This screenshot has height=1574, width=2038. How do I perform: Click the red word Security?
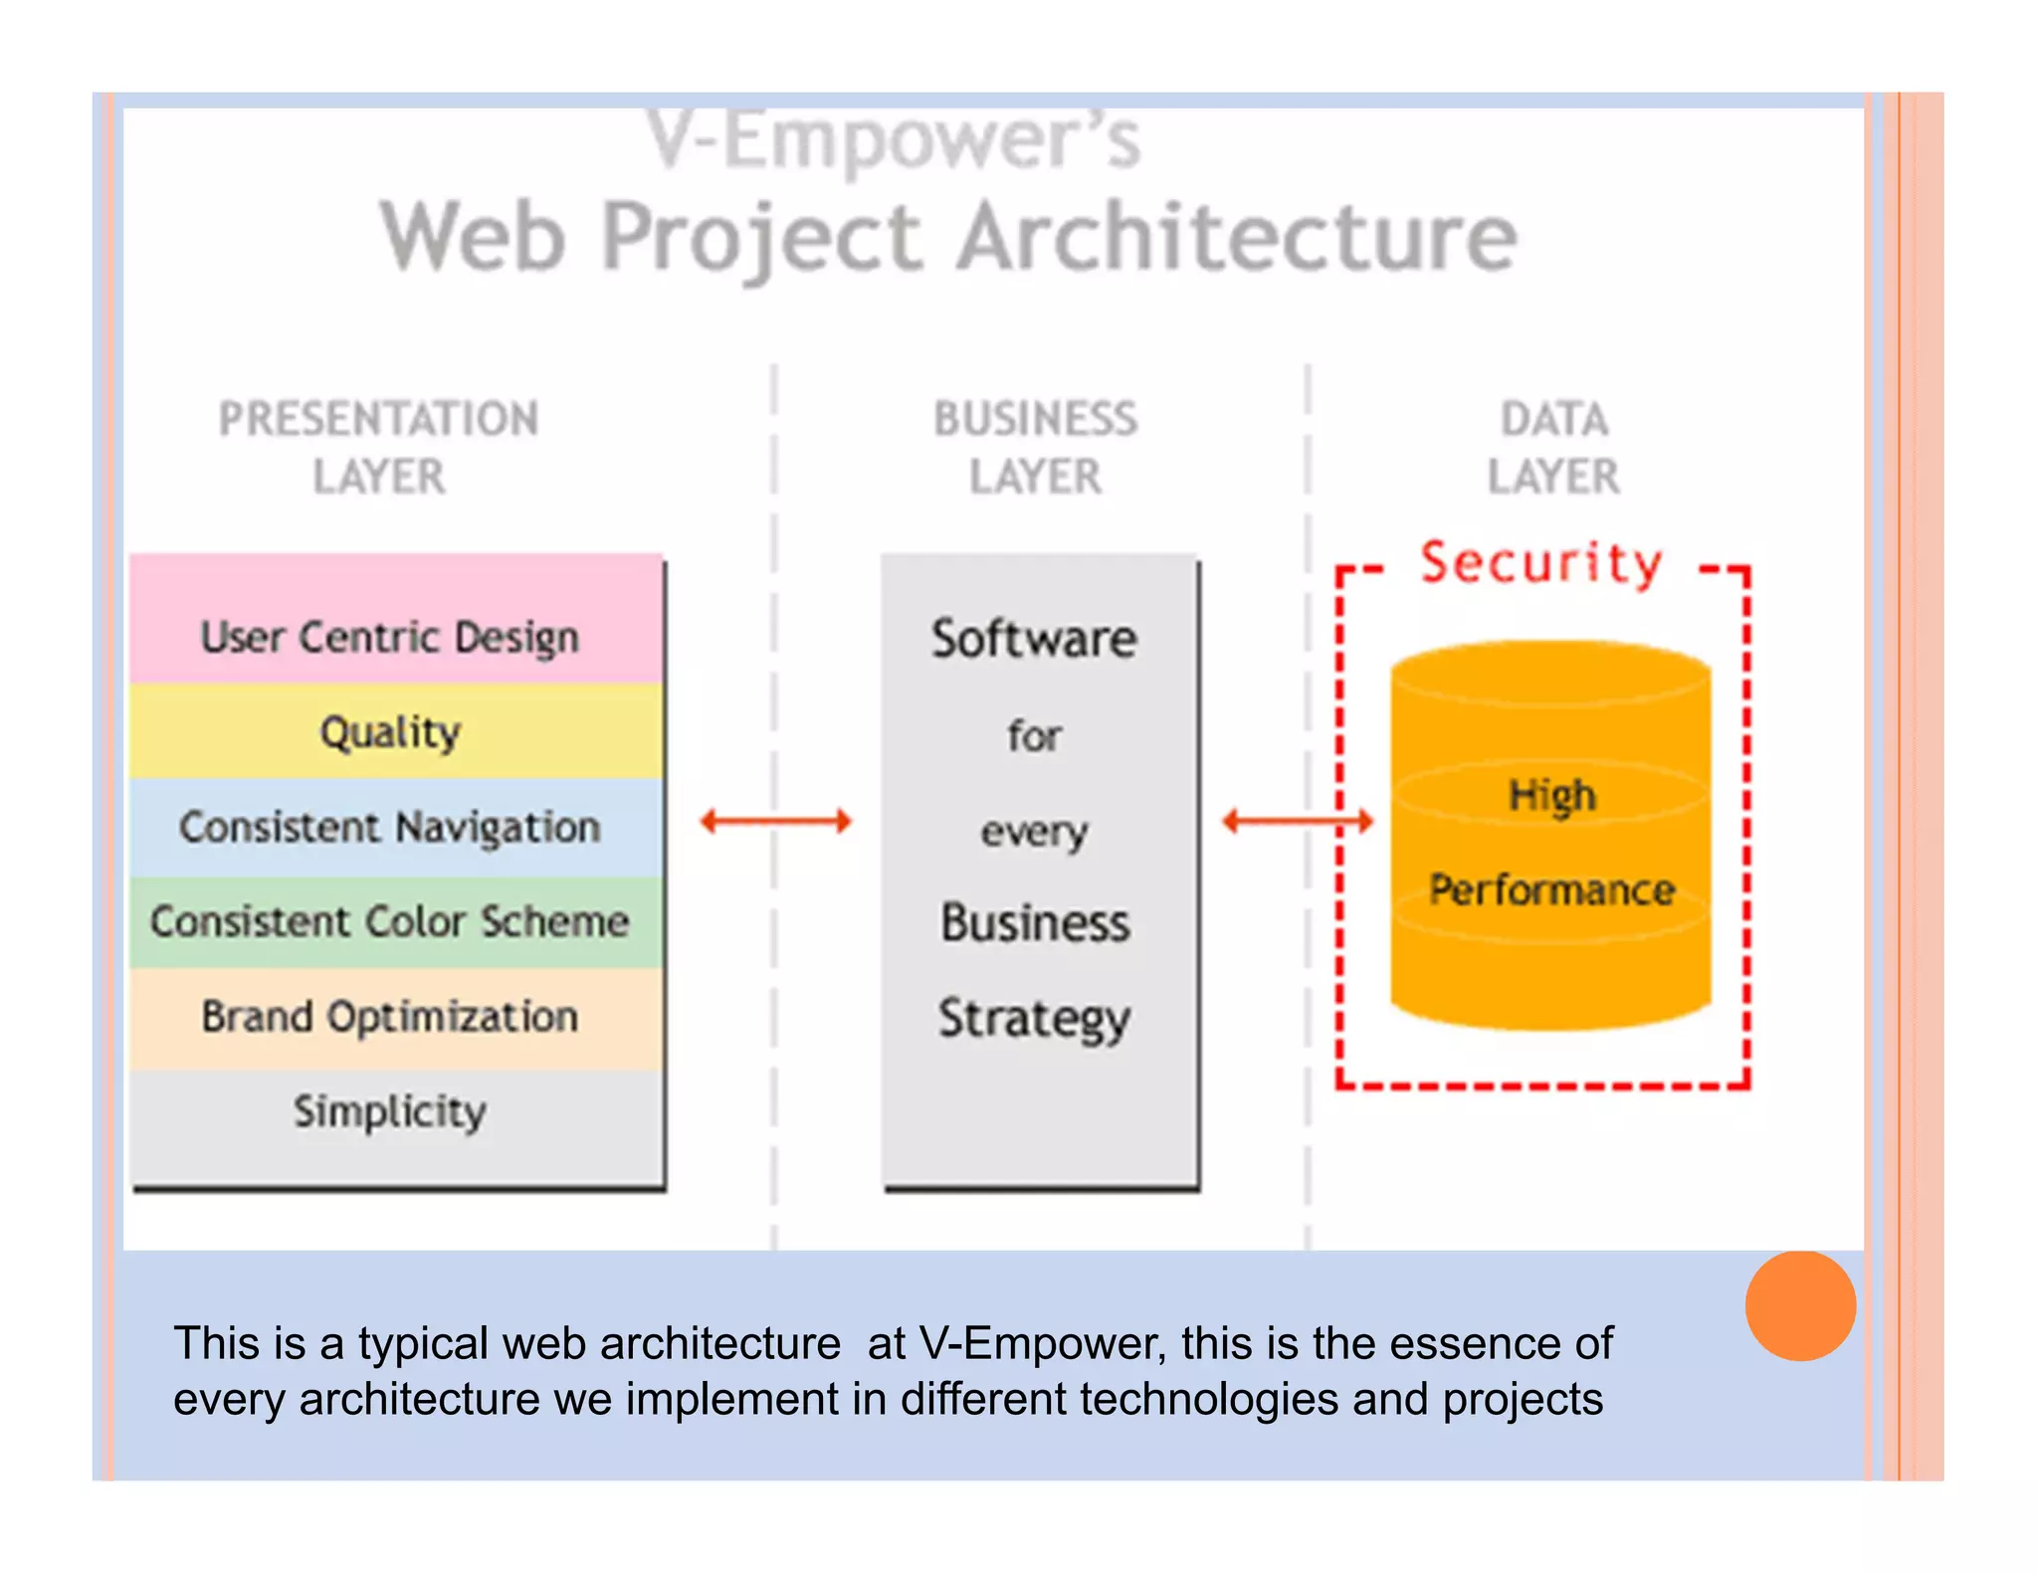[1541, 563]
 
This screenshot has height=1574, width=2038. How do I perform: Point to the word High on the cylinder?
[1552, 796]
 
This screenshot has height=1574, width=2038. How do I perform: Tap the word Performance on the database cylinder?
[1552, 889]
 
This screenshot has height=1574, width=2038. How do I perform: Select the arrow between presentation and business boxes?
[776, 821]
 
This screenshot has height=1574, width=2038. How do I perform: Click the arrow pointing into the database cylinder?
[1298, 821]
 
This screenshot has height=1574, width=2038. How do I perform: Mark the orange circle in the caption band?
[1800, 1305]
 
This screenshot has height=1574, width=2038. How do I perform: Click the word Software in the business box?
[1034, 639]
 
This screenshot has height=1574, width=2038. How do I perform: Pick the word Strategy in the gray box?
[1034, 1019]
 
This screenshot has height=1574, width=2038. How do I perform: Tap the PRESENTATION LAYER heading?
[379, 448]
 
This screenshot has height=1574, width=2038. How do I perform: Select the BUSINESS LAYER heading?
[1035, 448]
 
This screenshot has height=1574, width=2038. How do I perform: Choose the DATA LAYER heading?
[1553, 448]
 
